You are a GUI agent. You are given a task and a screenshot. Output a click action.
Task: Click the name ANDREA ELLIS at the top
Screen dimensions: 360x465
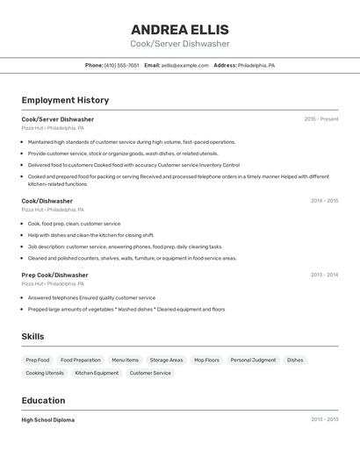pos(180,29)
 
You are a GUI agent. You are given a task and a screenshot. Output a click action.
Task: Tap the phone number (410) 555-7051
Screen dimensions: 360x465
pos(121,65)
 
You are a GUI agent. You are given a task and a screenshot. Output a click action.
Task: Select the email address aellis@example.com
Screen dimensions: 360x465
pos(184,65)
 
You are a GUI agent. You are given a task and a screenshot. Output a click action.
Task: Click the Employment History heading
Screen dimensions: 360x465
pos(65,100)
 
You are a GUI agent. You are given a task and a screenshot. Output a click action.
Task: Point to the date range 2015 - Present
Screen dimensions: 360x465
pos(320,119)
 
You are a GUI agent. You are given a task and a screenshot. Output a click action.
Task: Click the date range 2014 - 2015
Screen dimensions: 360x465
pos(324,201)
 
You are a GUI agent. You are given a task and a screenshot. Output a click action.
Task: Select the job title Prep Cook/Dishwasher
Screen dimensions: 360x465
pos(54,275)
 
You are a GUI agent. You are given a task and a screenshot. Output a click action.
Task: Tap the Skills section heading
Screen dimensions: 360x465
pos(32,336)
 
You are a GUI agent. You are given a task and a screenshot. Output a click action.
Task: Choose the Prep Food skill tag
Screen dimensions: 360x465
pos(38,360)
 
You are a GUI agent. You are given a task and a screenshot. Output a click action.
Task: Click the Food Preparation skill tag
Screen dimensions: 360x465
pos(81,360)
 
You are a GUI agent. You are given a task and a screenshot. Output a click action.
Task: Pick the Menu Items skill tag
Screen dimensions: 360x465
pos(125,360)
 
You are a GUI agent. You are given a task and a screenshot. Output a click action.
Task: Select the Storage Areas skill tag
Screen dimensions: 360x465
pos(166,360)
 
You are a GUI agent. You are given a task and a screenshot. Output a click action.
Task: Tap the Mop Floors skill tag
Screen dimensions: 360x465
pos(206,360)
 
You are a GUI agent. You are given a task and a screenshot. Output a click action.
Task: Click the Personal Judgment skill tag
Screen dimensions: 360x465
pos(253,360)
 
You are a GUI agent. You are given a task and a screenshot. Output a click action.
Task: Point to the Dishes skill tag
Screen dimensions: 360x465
pos(295,360)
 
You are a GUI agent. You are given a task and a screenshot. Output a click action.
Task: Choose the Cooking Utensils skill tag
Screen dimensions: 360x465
pos(45,373)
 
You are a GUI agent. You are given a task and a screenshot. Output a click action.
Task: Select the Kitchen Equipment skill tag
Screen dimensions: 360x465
pos(97,373)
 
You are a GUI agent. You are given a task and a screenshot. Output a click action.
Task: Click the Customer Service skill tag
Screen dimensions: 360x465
pos(150,373)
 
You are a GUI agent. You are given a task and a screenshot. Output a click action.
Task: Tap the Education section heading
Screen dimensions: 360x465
pos(44,400)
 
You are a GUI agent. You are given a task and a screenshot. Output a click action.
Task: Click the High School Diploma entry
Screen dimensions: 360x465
pos(48,420)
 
